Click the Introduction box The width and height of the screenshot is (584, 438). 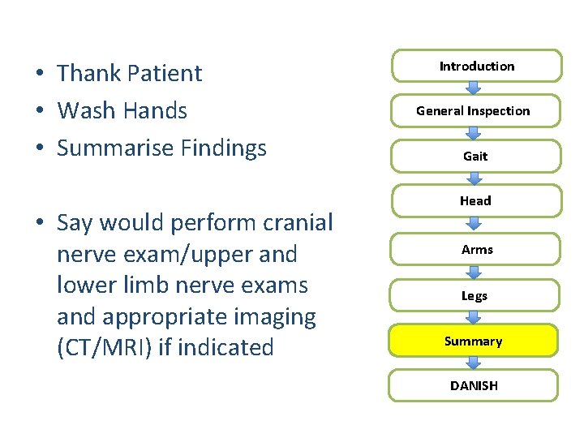[x=477, y=67]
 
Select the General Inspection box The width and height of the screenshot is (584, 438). [x=474, y=111]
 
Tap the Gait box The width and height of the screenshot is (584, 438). [x=475, y=156]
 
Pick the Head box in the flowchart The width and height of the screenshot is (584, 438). [x=475, y=200]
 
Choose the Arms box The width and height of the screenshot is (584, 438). [x=477, y=250]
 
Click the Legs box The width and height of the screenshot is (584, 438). [x=474, y=296]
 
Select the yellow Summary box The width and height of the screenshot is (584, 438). [x=474, y=341]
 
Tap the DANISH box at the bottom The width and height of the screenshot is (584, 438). [x=474, y=386]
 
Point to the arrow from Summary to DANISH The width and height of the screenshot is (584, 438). [x=474, y=363]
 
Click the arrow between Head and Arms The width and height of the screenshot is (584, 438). [x=474, y=225]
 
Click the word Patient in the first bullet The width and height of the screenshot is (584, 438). [x=162, y=73]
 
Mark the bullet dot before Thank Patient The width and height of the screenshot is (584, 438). [x=39, y=74]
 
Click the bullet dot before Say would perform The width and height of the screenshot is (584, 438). [x=39, y=223]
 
